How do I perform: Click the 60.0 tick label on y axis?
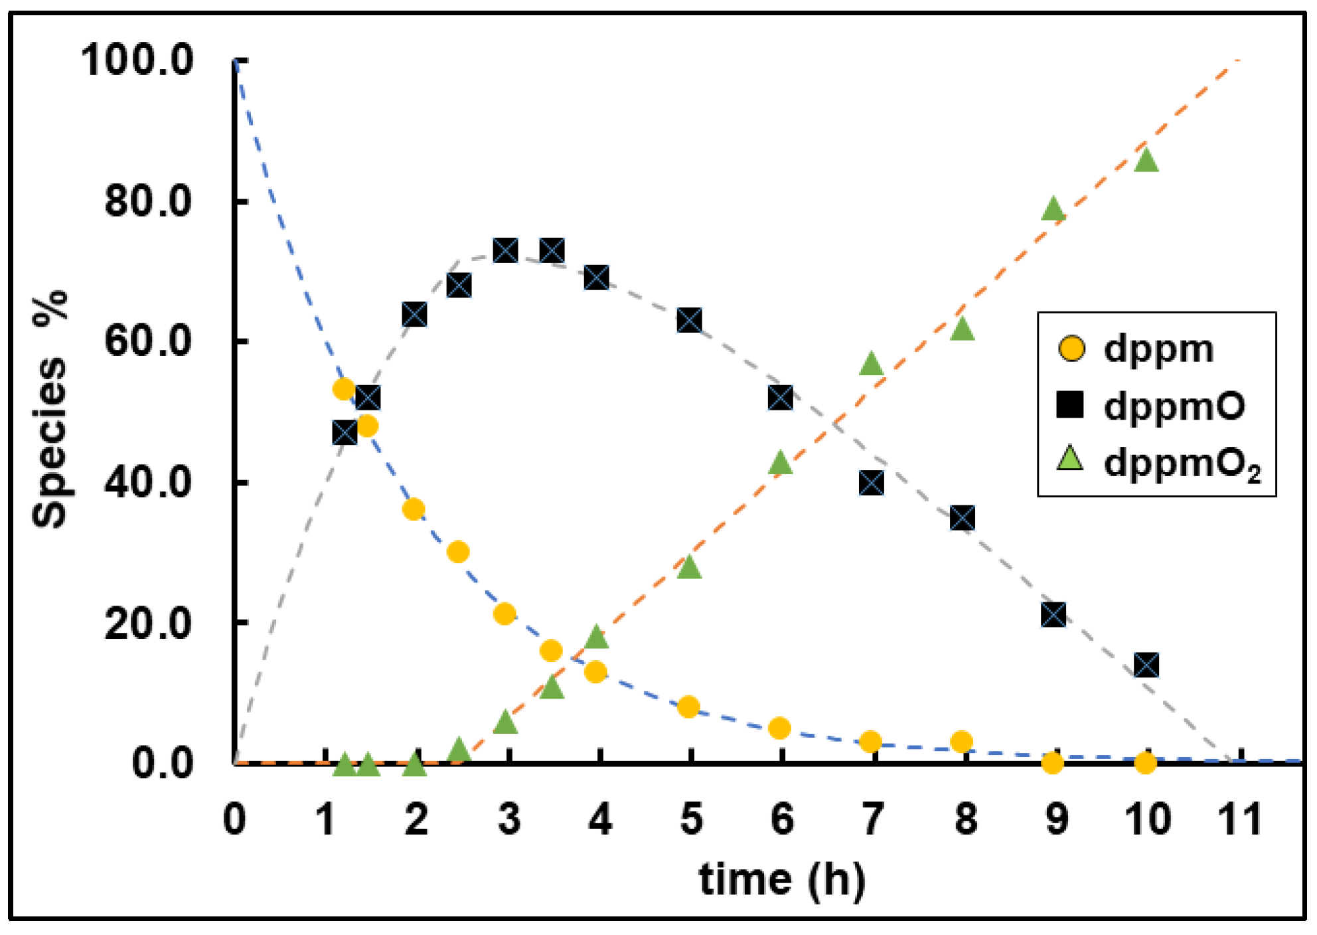147,341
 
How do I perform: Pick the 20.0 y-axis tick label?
147,623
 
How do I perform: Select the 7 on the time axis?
873,819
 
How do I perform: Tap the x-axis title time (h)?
782,880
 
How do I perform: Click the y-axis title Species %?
50,409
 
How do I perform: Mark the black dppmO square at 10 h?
1146,665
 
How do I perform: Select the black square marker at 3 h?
506,250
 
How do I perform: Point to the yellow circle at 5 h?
689,707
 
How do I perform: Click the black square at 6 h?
781,398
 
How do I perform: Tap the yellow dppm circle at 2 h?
414,509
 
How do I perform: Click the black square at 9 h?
1054,615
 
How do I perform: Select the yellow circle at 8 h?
962,741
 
